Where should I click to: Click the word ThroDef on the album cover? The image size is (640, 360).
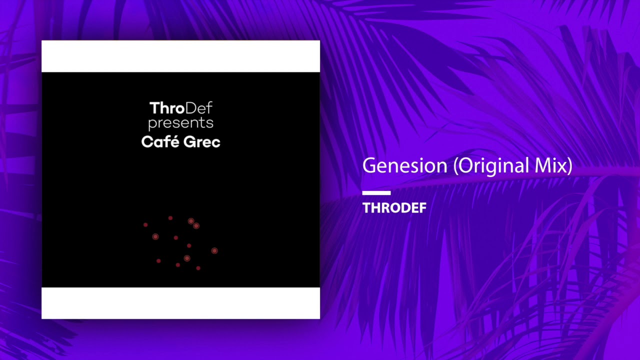181,108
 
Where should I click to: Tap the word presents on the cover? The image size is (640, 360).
181,123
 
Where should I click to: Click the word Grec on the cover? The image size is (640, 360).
201,142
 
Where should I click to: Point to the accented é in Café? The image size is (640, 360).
174,141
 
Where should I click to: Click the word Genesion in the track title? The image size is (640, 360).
404,165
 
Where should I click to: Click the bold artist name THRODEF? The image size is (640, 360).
394,207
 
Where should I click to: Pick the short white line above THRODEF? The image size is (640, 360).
376,193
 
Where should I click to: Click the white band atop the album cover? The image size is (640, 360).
181,56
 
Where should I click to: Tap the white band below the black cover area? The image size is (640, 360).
181,303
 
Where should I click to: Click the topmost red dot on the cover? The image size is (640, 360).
170,218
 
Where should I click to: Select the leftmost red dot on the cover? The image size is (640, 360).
145,225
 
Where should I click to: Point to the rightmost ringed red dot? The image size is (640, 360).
214,250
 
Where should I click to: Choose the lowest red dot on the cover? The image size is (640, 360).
198,268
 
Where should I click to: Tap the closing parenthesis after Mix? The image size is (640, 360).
569,165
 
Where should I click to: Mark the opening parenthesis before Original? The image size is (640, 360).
456,165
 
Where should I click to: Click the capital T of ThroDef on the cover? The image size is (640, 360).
155,108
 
